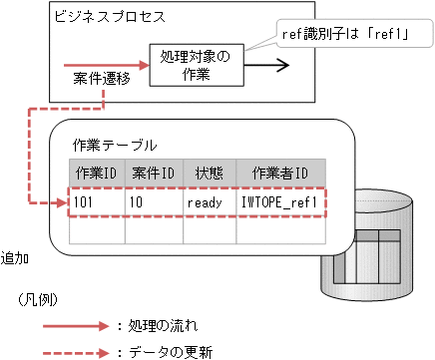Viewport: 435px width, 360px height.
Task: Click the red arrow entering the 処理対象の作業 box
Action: point(110,66)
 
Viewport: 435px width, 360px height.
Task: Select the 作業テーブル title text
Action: point(115,145)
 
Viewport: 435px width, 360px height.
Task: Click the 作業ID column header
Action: point(97,173)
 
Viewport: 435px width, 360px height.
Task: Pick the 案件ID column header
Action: point(154,173)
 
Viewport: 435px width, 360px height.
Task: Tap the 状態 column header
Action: point(209,173)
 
